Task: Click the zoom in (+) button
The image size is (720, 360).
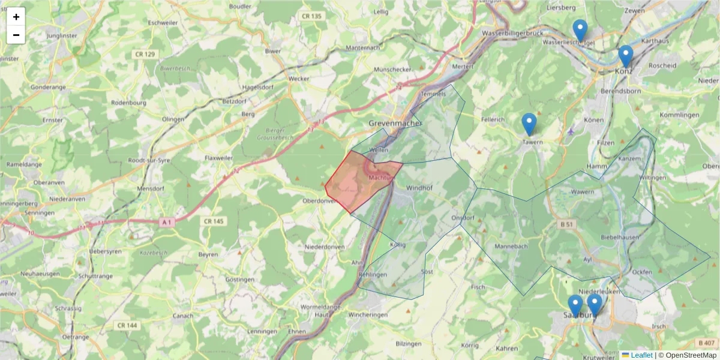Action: pos(16,17)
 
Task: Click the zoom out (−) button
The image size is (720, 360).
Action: pos(16,35)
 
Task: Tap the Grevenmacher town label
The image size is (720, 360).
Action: pos(395,123)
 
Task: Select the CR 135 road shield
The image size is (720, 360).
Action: pos(312,16)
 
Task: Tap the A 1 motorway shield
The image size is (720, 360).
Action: pos(167,222)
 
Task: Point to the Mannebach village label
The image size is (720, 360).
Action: pos(511,247)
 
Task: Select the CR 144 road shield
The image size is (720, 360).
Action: pos(127,325)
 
